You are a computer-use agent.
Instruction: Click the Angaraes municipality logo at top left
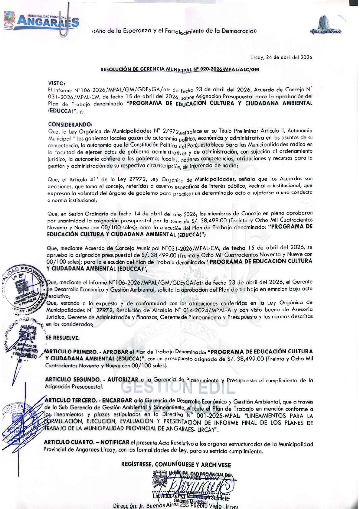(x=41, y=21)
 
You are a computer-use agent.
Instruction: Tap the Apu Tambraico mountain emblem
(x=326, y=25)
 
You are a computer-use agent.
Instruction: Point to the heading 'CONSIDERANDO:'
(x=70, y=124)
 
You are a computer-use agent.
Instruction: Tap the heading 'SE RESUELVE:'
(x=63, y=338)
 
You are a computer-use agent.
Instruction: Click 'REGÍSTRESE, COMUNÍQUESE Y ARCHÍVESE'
(x=176, y=465)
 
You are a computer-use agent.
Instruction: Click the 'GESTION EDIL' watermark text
(x=178, y=388)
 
